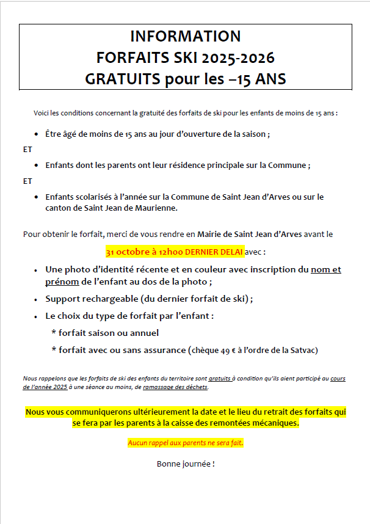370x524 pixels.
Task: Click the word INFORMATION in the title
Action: point(185,36)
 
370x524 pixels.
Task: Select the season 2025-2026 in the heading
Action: point(240,58)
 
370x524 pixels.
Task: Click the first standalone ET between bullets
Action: point(27,149)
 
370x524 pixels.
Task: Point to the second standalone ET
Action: point(27,181)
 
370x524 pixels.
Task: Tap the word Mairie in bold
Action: point(210,234)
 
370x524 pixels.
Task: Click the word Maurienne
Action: point(156,208)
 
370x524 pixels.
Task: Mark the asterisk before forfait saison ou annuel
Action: point(54,333)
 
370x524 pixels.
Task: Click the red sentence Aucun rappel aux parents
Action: point(185,443)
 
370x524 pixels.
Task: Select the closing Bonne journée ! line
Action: point(186,464)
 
